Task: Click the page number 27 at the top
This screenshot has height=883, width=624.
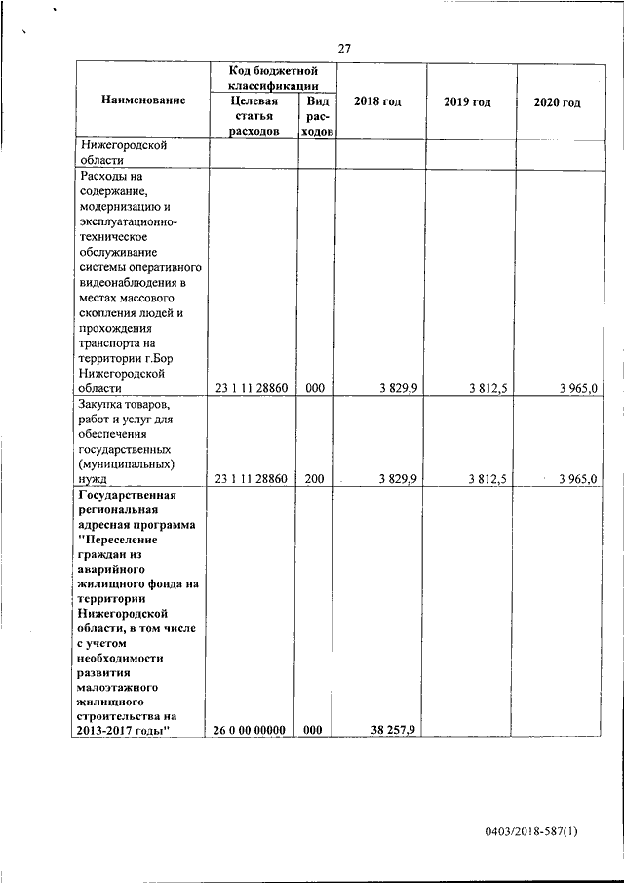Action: (x=344, y=49)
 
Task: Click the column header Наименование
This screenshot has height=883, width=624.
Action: (x=143, y=101)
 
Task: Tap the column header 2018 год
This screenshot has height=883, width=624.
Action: (x=377, y=101)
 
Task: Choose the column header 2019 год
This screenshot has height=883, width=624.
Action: (x=467, y=101)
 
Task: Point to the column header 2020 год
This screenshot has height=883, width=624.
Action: (x=557, y=101)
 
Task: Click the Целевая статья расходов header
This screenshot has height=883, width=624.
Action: (x=253, y=115)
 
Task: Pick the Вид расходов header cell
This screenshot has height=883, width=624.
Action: (x=317, y=115)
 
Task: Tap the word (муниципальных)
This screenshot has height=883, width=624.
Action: (x=128, y=463)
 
